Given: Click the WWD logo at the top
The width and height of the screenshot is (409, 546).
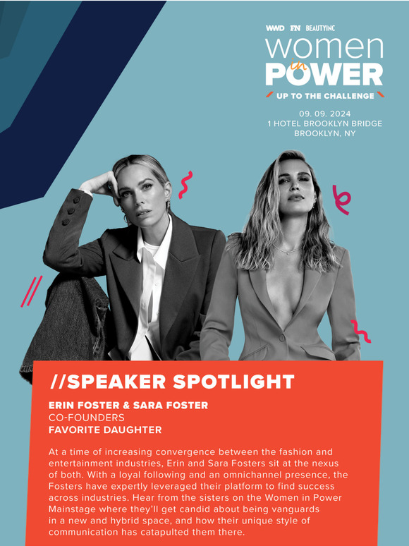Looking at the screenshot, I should [x=274, y=29].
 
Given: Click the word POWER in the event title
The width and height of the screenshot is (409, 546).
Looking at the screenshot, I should [x=324, y=74].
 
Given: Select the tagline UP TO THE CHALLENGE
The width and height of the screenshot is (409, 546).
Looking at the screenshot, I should [x=324, y=95].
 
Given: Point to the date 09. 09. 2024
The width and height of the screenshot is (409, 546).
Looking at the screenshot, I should [x=324, y=114].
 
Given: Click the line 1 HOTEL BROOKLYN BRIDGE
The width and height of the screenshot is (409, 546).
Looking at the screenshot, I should [x=324, y=123].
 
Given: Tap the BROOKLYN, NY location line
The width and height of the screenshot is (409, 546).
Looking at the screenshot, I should [x=324, y=133].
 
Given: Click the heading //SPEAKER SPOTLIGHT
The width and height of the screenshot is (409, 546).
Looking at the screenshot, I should [x=172, y=382].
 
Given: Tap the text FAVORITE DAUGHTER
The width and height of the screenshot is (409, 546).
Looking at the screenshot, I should [x=105, y=430].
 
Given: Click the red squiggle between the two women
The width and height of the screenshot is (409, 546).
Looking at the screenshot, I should [x=185, y=184].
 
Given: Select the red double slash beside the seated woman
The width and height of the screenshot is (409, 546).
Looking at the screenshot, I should [x=31, y=291].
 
